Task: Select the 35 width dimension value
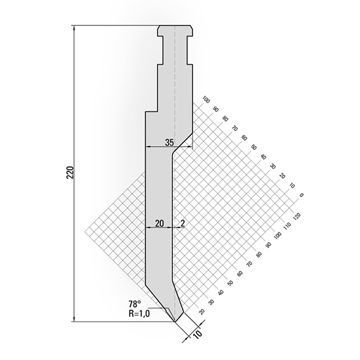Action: tap(169, 142)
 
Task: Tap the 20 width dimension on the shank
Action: tap(159, 223)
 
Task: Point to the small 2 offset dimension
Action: tap(181, 223)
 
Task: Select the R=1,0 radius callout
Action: tap(140, 313)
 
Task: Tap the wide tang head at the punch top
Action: tap(175, 31)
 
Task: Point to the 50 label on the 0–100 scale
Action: tap(253, 148)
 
